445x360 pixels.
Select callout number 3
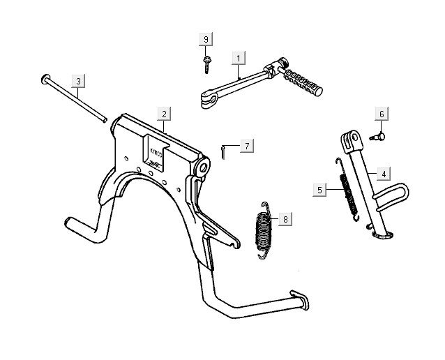point(78,81)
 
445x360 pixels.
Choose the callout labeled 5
point(319,188)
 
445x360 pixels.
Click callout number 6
point(382,114)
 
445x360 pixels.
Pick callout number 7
point(246,146)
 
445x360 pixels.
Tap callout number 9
point(206,39)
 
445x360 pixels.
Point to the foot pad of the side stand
point(383,235)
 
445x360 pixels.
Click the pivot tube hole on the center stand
point(204,167)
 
